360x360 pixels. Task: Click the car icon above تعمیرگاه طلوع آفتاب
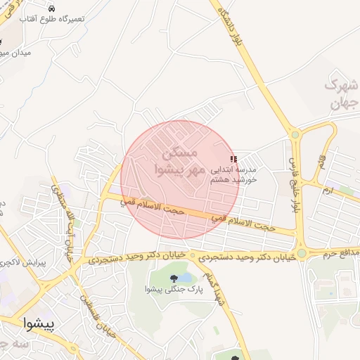point(52,8)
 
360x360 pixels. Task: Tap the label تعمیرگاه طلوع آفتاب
point(53,18)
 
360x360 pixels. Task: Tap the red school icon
point(234,160)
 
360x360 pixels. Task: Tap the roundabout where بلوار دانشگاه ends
point(295,134)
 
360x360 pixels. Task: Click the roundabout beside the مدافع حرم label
point(302,252)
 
